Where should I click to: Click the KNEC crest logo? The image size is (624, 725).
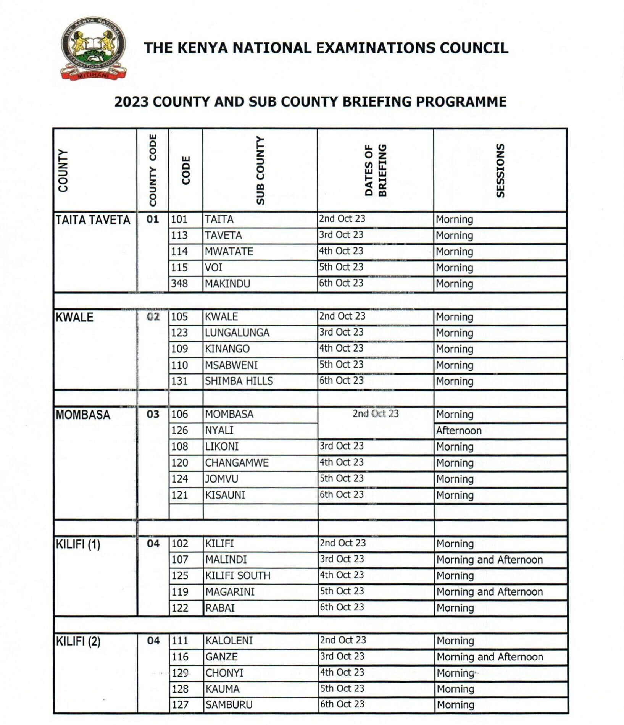click(93, 48)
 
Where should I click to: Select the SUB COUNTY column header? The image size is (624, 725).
click(260, 171)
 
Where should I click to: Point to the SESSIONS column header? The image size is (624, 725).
click(500, 171)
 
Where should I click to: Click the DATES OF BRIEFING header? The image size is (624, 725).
click(376, 171)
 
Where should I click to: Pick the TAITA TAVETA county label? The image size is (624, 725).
click(93, 220)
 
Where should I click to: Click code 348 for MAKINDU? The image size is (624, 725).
click(179, 284)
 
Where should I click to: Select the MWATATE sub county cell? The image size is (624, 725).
click(229, 252)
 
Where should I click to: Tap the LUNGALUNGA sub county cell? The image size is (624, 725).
click(237, 333)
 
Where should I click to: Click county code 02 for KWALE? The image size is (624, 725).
click(153, 317)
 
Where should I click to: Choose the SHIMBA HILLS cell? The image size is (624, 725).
click(239, 381)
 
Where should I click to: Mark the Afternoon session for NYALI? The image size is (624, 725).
click(459, 431)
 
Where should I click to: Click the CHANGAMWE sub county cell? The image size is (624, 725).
click(237, 463)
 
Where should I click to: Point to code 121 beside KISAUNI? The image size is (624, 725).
click(180, 495)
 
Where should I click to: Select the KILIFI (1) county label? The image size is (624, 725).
click(78, 544)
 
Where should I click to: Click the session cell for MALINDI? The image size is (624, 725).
click(490, 560)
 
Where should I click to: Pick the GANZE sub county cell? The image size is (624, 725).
click(221, 657)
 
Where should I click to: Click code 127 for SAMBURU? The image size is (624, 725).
click(180, 704)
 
